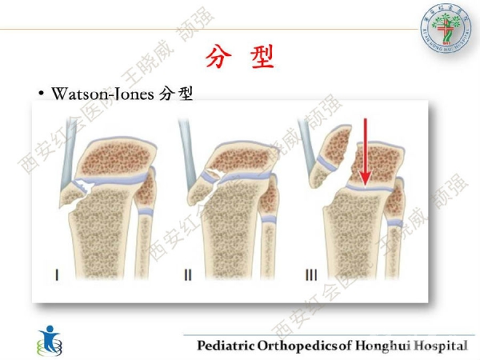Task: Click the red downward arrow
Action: click(364, 152)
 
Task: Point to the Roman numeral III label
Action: click(312, 275)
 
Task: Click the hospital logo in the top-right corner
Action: click(442, 26)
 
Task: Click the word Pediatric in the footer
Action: click(226, 346)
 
